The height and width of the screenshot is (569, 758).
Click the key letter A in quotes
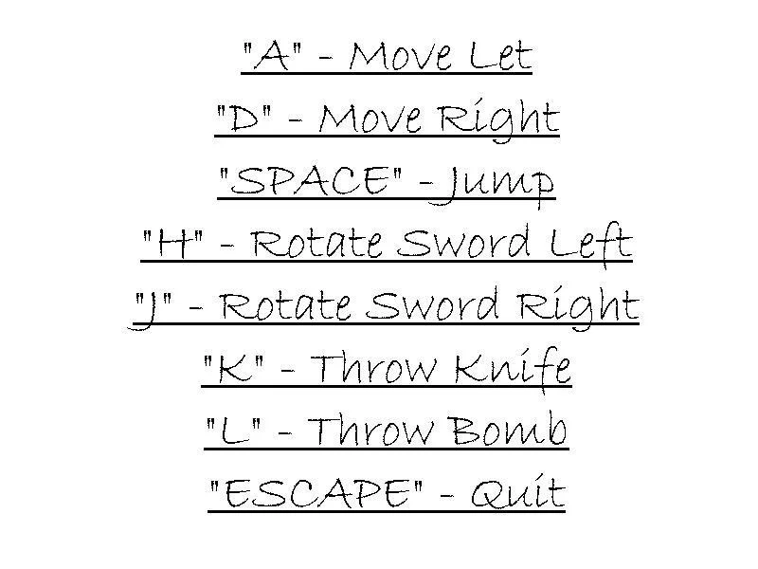(272, 55)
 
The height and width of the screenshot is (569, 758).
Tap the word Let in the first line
(501, 55)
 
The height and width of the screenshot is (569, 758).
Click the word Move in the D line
(370, 119)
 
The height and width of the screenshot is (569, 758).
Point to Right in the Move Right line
(498, 121)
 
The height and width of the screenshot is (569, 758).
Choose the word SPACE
(310, 180)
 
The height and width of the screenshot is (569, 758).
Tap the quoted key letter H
(172, 244)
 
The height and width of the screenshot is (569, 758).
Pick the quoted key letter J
(150, 310)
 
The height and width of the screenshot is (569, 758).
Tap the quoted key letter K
(233, 369)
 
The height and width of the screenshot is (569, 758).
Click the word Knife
(513, 369)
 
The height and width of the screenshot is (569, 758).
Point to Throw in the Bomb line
(370, 430)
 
